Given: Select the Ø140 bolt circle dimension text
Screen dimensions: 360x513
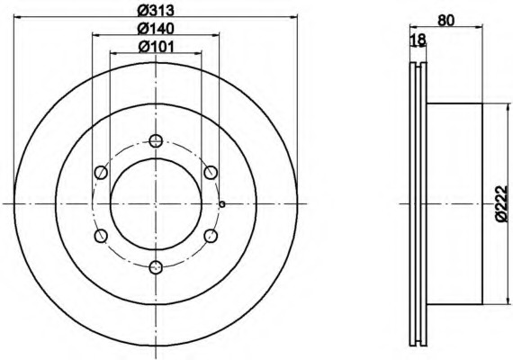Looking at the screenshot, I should [156, 30].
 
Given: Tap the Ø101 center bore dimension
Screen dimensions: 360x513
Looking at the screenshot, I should [156, 47].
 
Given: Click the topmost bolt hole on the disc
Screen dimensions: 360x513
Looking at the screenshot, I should [156, 140].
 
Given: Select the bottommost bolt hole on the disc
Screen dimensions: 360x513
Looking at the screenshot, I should [156, 266].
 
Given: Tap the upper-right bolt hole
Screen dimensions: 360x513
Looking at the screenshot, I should [211, 172].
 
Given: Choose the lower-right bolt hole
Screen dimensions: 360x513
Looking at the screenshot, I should [211, 235].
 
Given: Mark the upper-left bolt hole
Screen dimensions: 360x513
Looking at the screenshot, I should [101, 172].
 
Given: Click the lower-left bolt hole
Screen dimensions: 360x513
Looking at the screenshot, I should [101, 235].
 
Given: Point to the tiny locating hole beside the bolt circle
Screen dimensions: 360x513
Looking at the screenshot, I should [221, 203].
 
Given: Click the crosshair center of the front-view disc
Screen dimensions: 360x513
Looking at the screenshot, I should [156, 203].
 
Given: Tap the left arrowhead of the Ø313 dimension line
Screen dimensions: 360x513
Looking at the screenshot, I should [19, 22].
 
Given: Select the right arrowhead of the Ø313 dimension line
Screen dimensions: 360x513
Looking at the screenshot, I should [292, 22].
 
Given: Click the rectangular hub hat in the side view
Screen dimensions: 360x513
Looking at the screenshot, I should [454, 203].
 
